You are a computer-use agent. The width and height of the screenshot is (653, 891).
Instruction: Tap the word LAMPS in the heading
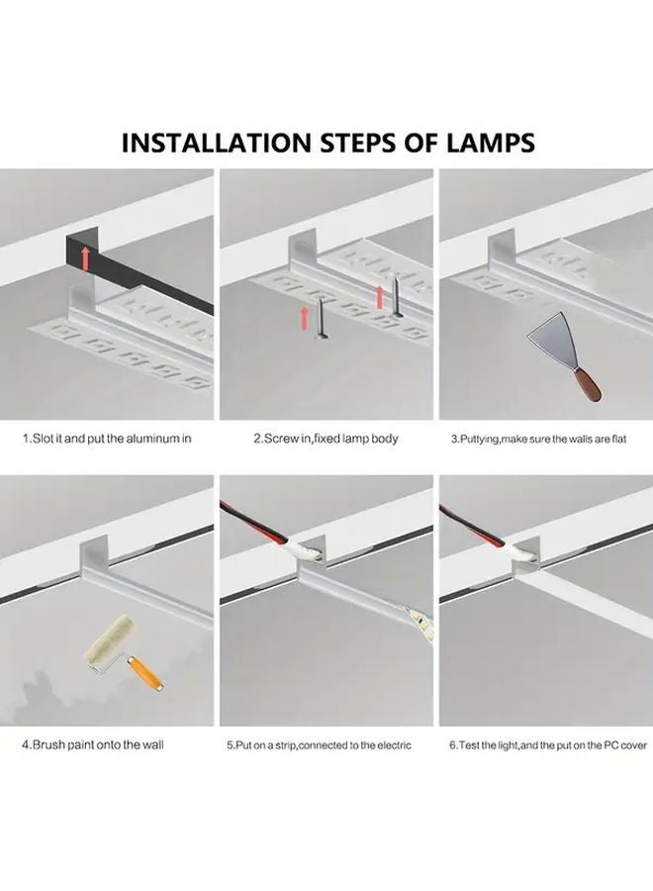coord(491,143)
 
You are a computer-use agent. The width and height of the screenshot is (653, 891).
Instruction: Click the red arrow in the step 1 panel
coord(85,258)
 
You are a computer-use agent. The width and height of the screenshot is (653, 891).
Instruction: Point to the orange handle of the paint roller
coord(144,672)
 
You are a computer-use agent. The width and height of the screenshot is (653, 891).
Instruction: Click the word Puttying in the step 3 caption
coord(479,439)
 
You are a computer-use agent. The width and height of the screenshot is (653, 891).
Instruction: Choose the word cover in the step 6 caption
coord(633,744)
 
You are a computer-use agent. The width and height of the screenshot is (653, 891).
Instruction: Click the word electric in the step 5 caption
coord(394,744)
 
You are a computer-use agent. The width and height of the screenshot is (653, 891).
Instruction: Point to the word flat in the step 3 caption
coord(619,439)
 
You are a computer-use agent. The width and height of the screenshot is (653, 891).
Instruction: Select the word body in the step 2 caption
coord(386,439)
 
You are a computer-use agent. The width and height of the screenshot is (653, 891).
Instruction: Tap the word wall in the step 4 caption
coord(152,744)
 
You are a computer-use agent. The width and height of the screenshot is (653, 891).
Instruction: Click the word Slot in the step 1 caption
coord(43,439)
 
